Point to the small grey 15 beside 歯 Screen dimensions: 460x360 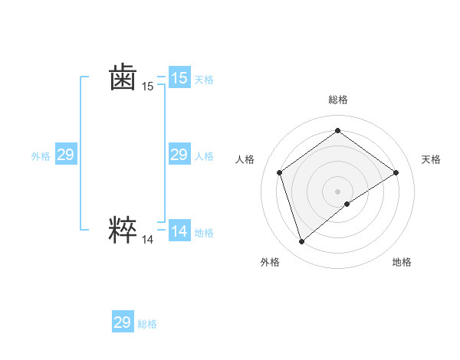tap(147, 87)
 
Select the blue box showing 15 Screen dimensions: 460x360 tap(179, 78)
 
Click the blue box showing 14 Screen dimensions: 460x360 tap(179, 231)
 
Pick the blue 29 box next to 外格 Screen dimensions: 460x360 tap(65, 155)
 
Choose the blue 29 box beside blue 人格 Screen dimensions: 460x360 tap(179, 155)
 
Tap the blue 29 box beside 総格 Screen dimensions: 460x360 tap(123, 322)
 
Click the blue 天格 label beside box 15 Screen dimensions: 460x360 tap(204, 80)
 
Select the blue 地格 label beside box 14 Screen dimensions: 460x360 tap(204, 233)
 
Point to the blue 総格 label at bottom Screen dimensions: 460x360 tap(148, 324)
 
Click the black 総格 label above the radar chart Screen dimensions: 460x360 tap(337, 100)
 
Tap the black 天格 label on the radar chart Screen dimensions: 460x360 tap(431, 159)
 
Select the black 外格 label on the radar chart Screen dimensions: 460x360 tap(270, 262)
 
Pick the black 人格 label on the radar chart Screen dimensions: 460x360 tap(245, 159)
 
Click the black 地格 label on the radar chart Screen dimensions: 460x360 tap(402, 262)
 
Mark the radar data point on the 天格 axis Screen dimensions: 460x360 tap(396, 172)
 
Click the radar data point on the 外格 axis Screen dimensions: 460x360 tap(302, 242)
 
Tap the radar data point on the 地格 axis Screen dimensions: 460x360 tap(347, 204)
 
